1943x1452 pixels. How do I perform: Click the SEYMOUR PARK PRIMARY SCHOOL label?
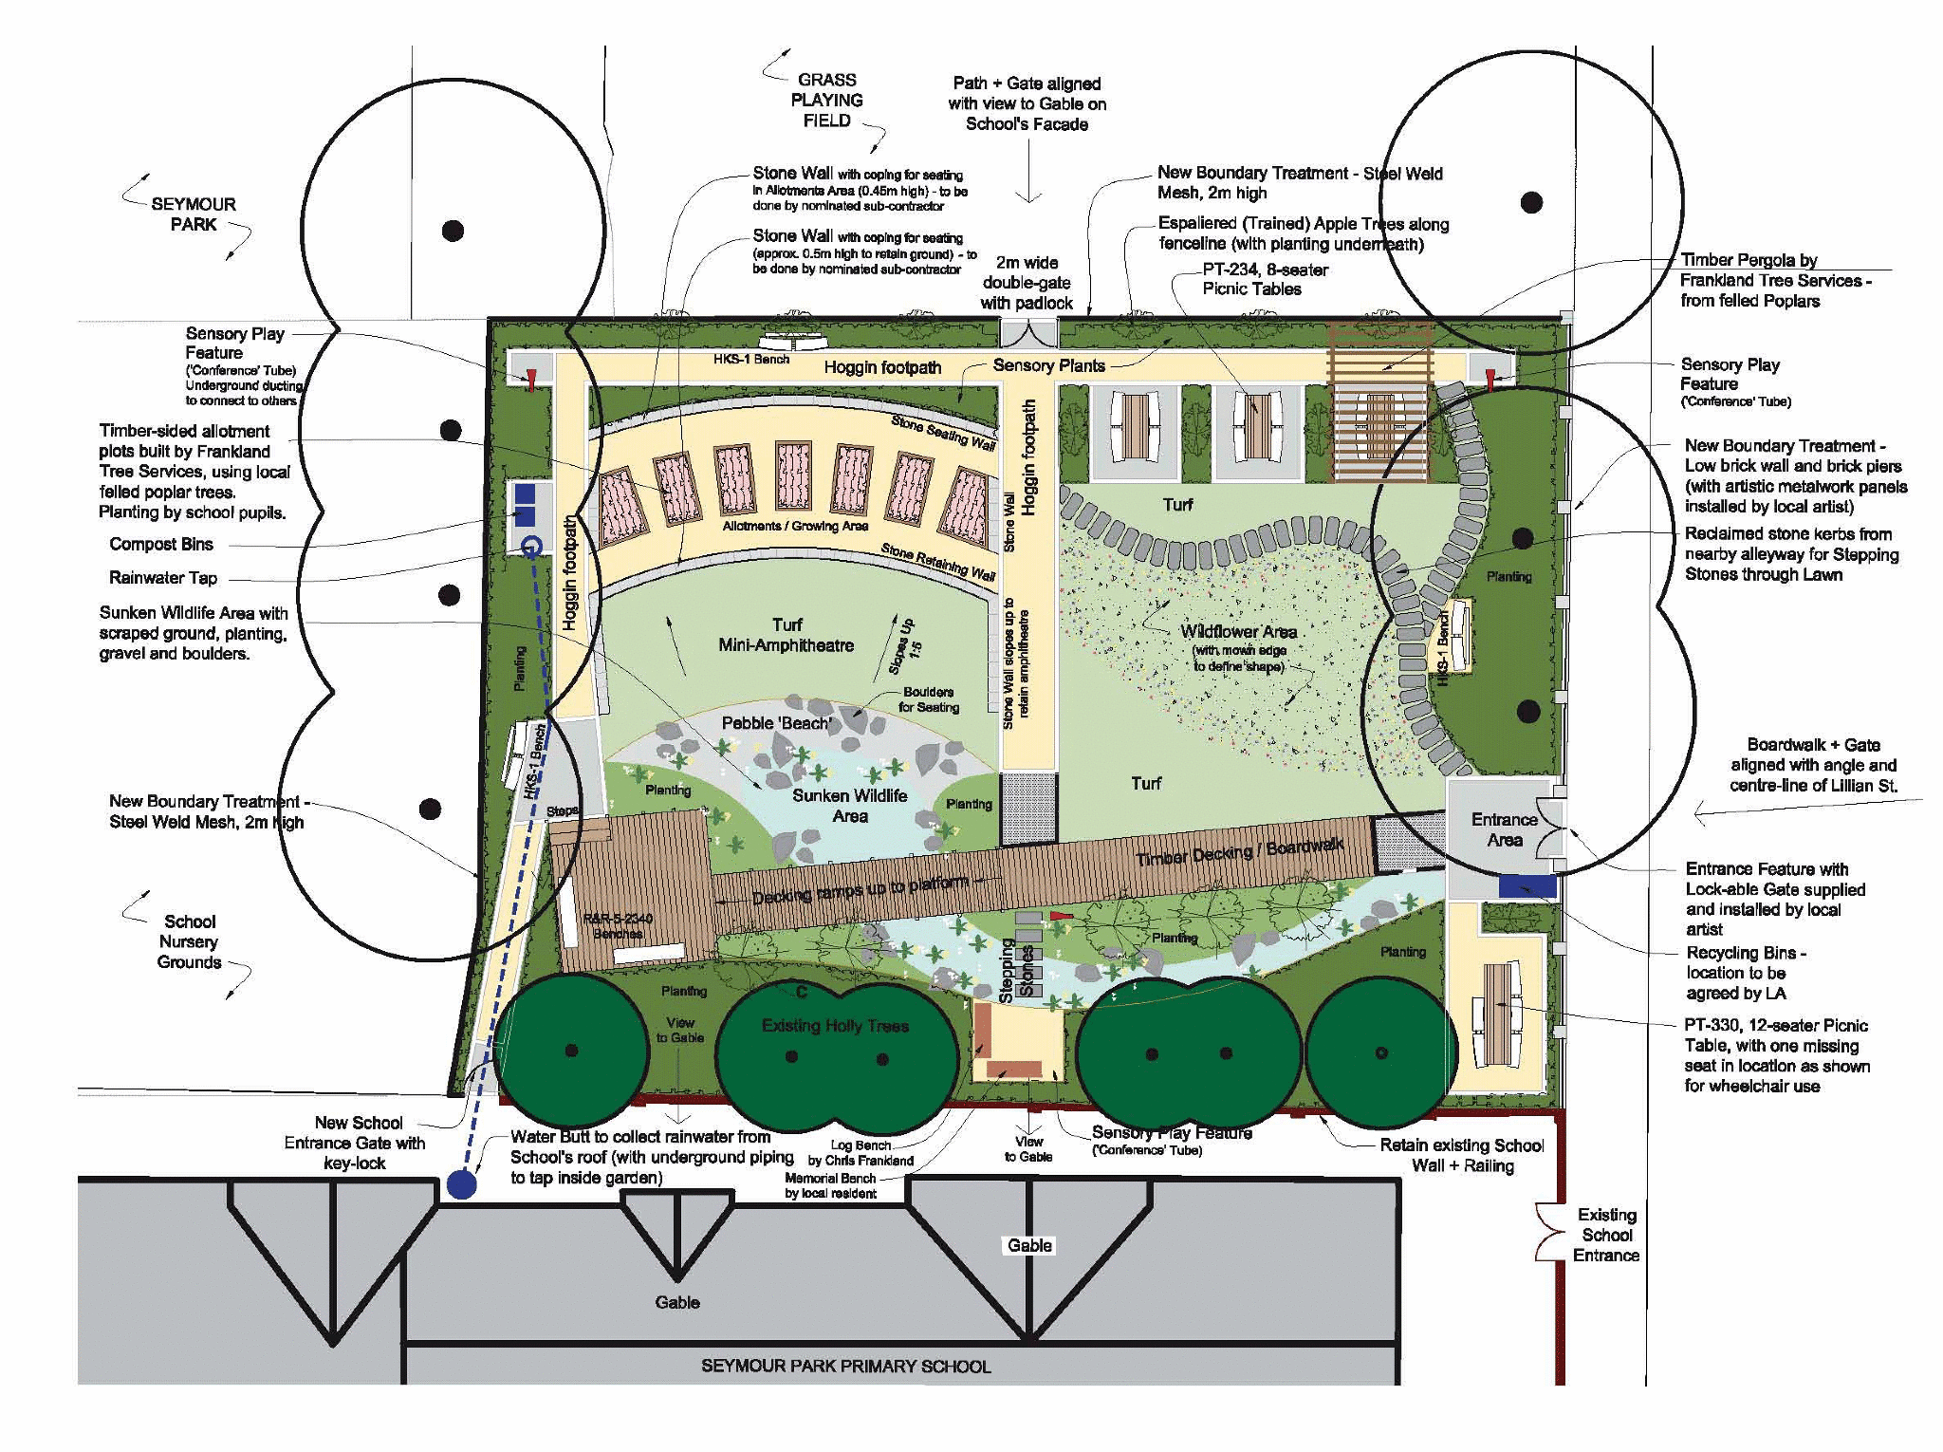click(x=845, y=1366)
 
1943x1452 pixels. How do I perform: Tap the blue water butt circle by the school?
click(x=462, y=1184)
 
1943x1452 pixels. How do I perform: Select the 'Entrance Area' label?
click(x=1504, y=829)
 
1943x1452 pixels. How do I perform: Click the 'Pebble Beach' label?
click(x=777, y=723)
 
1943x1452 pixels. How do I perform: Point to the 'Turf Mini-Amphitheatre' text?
click(x=786, y=635)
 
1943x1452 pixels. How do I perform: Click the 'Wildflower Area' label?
click(x=1238, y=632)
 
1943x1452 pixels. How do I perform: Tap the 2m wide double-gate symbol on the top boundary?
click(x=1028, y=334)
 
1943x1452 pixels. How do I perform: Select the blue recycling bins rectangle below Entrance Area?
click(x=1527, y=886)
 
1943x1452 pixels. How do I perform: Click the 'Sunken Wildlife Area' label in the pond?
click(x=849, y=806)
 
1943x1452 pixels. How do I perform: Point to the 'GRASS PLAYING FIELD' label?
click(x=826, y=101)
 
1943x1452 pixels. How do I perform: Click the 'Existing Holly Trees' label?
click(x=835, y=1026)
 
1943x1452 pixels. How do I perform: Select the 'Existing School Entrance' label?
click(x=1606, y=1235)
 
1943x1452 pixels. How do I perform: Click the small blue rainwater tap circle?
click(x=532, y=546)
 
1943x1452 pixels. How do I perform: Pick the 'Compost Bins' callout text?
click(x=161, y=545)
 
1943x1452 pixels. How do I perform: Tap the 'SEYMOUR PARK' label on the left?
click(x=194, y=214)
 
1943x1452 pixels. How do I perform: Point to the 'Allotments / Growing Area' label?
click(x=795, y=526)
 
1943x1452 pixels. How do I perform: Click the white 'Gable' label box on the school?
click(x=1029, y=1245)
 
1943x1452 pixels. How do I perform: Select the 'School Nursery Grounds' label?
click(x=189, y=941)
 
